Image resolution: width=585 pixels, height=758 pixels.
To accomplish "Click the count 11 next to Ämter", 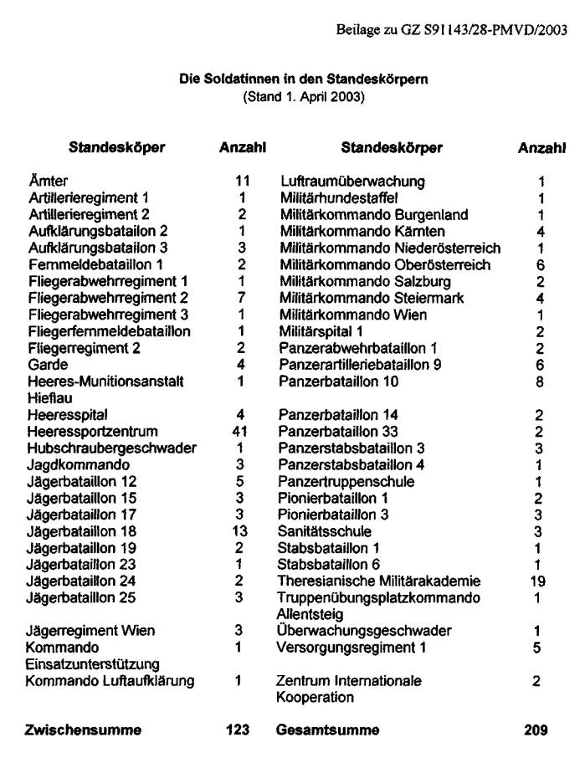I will point(243,181).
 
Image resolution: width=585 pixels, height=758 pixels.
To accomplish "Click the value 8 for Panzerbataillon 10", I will point(540,382).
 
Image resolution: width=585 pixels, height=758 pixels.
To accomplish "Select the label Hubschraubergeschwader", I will point(100,448).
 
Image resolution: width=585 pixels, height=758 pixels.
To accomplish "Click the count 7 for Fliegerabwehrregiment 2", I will point(239,298).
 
